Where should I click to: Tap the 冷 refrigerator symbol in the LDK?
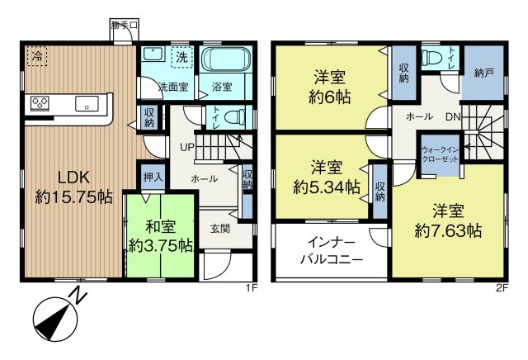click(37, 56)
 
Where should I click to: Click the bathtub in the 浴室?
click(228, 60)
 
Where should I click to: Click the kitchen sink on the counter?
click(86, 104)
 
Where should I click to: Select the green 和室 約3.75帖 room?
click(161, 235)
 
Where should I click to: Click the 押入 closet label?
click(151, 175)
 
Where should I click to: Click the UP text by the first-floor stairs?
click(187, 148)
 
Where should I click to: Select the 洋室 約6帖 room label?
click(328, 88)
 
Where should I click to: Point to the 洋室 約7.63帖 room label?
click(448, 221)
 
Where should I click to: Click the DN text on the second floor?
click(453, 117)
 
